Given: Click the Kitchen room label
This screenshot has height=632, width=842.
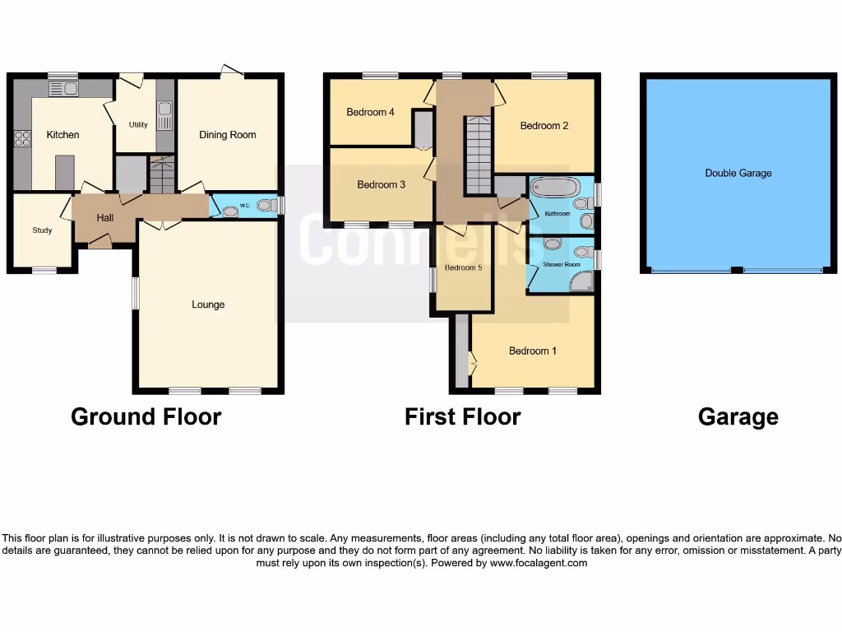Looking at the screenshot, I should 62,135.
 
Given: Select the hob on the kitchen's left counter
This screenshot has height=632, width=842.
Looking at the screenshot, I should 21,139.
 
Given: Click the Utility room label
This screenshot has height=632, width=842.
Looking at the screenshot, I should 138,125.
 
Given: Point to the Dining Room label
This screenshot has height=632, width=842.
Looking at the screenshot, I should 228,135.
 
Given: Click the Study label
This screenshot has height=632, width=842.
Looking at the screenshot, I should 42,230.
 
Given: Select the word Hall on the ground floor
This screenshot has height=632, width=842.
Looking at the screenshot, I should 105,218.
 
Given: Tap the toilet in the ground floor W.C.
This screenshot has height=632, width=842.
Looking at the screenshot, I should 266,206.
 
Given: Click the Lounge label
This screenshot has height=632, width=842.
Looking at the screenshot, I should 208,304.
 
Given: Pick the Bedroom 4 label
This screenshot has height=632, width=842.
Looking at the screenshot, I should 371,112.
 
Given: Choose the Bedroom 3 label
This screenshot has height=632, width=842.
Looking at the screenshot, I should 382,185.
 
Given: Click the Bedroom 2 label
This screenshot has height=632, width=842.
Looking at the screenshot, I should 544,126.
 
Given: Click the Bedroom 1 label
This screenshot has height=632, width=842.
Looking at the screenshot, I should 533,351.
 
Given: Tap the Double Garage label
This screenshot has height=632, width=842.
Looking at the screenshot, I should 738,174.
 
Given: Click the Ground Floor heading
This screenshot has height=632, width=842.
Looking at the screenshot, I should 146,416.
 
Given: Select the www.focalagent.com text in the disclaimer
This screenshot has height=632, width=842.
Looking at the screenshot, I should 539,563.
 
